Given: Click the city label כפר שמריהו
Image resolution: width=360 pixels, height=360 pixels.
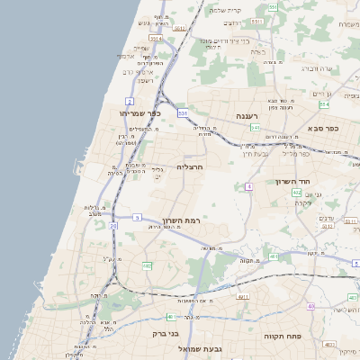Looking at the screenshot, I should pos(139,114).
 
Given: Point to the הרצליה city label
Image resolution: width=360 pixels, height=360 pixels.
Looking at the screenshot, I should pos(191,167).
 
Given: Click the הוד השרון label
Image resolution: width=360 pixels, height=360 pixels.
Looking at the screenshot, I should pos(292,182).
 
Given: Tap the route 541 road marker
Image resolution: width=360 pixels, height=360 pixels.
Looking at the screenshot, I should pos(256,129).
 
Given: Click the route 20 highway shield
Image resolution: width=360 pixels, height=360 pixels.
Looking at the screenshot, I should pos(113,226).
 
